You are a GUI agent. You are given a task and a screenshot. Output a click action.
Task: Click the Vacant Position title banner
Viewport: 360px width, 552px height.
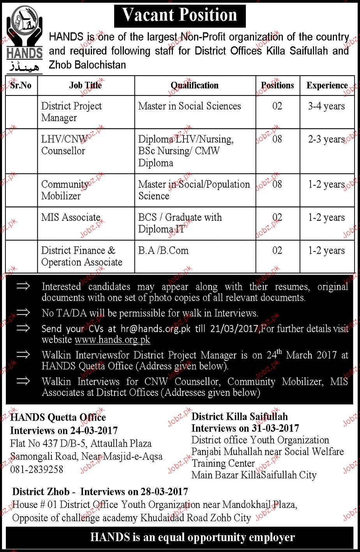pyautogui.click(x=180, y=15)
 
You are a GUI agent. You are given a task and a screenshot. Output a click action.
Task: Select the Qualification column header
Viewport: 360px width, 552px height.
pyautogui.click(x=194, y=85)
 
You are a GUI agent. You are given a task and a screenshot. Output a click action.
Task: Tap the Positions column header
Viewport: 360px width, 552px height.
pyautogui.click(x=277, y=85)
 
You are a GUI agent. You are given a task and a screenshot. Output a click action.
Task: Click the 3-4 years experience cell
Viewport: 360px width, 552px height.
pyautogui.click(x=326, y=106)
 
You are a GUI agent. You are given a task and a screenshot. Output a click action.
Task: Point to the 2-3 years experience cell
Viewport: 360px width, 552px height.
pyautogui.click(x=326, y=139)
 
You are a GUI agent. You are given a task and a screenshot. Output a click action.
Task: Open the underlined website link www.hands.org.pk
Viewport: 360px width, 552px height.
pyautogui.click(x=112, y=340)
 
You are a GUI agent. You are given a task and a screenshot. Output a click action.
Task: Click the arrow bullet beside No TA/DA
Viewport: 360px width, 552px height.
pyautogui.click(x=23, y=312)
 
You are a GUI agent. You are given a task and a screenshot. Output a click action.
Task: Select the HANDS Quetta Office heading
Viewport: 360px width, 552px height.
pyautogui.click(x=58, y=418)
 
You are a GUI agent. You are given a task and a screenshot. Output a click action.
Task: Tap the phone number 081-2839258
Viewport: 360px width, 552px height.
pyautogui.click(x=37, y=469)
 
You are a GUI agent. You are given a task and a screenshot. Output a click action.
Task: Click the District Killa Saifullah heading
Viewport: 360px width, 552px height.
pyautogui.click(x=240, y=416)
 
